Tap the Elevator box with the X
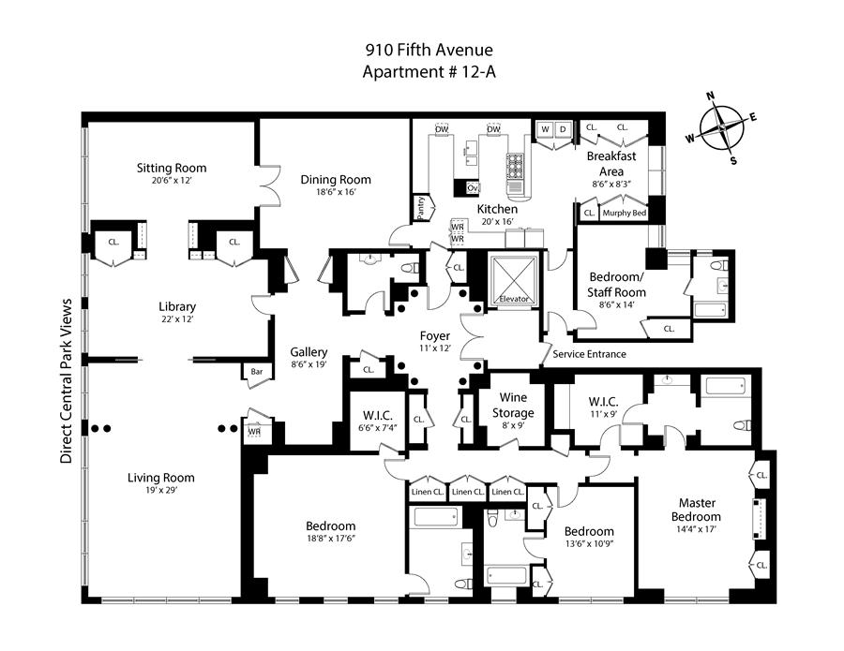(x=515, y=277)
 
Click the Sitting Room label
(x=172, y=169)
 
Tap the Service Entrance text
(x=590, y=354)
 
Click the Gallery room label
(x=309, y=351)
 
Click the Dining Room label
(x=336, y=179)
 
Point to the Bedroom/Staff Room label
(x=617, y=285)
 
